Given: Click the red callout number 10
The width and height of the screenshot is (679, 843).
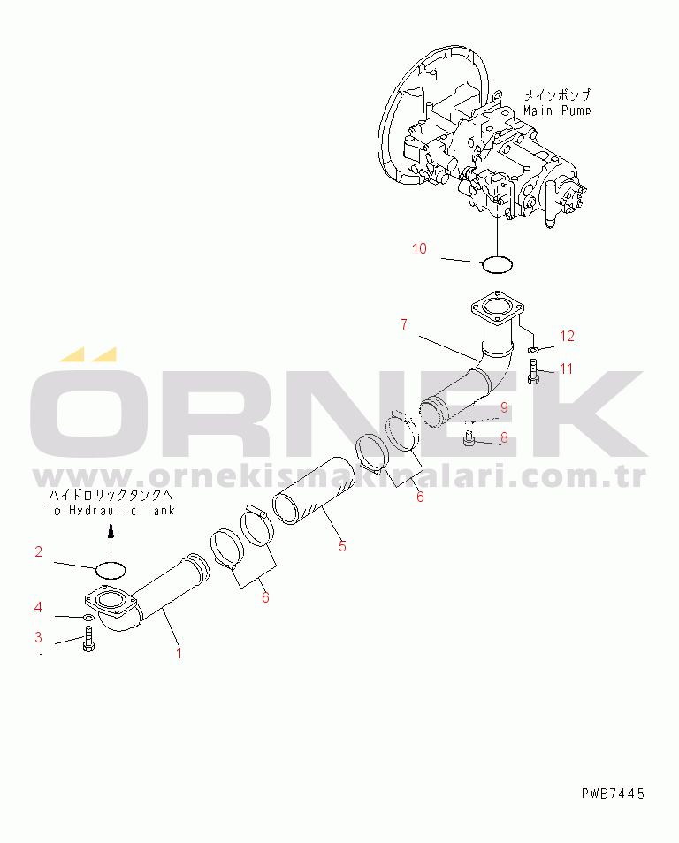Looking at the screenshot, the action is (x=419, y=248).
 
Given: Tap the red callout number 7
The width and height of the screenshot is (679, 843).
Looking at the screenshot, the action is (x=404, y=324).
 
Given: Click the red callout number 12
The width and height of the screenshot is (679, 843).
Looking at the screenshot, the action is (x=567, y=336).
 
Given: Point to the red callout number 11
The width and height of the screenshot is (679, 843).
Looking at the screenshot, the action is (x=566, y=368).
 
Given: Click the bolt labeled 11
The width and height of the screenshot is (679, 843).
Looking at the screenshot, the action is (x=533, y=371).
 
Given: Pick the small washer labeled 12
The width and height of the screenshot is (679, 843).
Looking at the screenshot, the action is (x=532, y=351).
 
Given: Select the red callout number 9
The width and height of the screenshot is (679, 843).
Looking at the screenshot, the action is (x=504, y=407).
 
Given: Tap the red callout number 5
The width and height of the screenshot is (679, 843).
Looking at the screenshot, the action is (x=343, y=546).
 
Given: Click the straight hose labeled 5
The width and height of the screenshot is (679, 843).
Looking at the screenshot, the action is (x=315, y=490).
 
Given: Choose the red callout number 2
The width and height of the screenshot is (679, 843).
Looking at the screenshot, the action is (x=38, y=551).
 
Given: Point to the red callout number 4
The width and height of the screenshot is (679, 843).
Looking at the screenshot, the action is (x=38, y=608).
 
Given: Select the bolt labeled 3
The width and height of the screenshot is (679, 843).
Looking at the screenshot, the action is (x=88, y=639).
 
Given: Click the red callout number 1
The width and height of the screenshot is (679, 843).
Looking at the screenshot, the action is (x=179, y=653).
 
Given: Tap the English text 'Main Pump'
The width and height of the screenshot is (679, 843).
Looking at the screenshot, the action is (x=557, y=110).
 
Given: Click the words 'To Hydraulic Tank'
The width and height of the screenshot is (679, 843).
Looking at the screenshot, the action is (x=111, y=510).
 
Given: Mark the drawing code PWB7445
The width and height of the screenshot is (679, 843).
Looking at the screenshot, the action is (x=613, y=794).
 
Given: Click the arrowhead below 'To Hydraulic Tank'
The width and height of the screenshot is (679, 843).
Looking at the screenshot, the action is (x=111, y=531).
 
